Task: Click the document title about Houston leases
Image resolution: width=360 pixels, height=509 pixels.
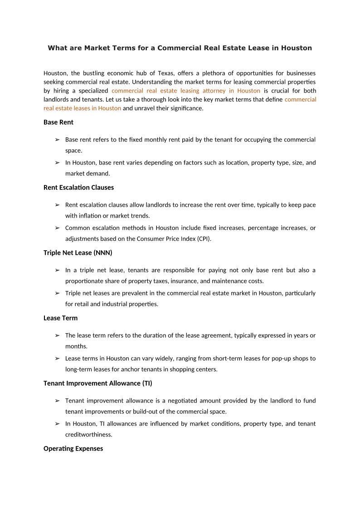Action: [x=180, y=48]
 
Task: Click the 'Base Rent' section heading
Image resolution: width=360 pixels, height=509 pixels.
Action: [x=58, y=122]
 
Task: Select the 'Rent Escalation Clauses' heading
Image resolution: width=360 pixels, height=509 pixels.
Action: [x=78, y=188]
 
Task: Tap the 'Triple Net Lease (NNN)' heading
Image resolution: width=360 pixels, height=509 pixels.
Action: [x=78, y=253]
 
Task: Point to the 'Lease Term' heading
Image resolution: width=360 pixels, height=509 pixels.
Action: [x=60, y=318]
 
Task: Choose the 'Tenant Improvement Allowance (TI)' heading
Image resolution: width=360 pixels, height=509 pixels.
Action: [x=97, y=383]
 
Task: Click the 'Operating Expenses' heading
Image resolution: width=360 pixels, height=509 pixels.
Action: [x=73, y=449]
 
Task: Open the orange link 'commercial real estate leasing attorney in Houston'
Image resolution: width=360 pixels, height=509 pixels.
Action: [x=186, y=91]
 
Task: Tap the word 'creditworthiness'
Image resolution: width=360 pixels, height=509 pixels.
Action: [x=88, y=435]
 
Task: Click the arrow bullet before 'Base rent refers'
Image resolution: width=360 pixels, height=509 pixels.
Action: [x=57, y=140]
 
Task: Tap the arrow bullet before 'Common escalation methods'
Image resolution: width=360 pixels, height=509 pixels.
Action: [x=57, y=228]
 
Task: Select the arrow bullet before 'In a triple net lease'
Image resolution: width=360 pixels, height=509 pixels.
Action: [x=57, y=270]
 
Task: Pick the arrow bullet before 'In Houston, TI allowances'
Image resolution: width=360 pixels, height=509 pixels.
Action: [x=57, y=424]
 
